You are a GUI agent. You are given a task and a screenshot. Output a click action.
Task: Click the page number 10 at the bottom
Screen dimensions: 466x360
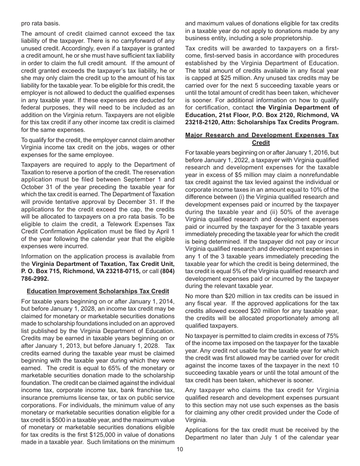click(180, 449)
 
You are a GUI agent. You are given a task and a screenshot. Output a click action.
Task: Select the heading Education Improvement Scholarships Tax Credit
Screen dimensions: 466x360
click(98, 291)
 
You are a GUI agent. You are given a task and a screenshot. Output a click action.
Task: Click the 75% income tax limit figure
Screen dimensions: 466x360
click(332, 336)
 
